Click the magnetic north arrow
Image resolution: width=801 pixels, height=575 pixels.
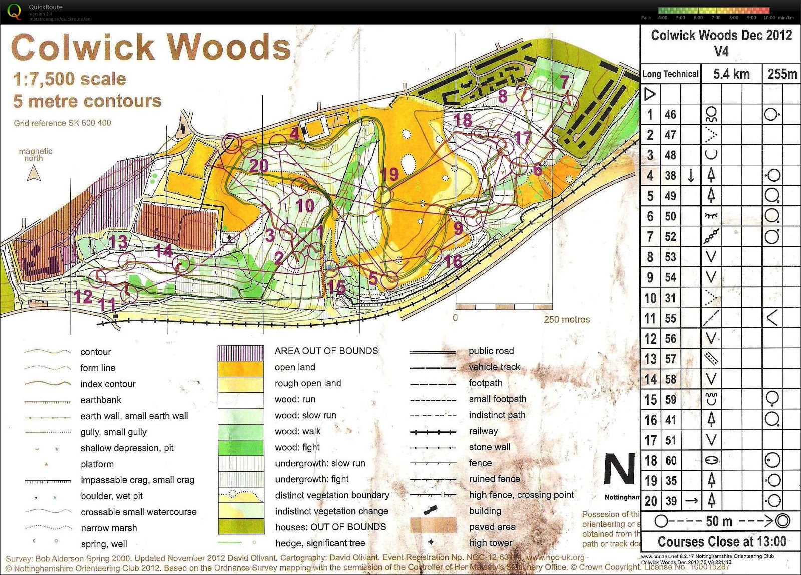(x=34, y=173)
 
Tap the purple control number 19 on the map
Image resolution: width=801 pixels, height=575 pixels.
(x=389, y=174)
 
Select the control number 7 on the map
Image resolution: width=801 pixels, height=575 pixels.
(x=564, y=81)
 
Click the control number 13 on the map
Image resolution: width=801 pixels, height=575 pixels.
(x=118, y=242)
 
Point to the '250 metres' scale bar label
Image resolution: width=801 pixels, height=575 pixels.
(x=567, y=319)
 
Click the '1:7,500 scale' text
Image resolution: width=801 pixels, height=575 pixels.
(x=70, y=79)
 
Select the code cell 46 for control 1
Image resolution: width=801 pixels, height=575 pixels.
(x=670, y=115)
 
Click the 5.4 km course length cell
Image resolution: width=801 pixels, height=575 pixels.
(x=731, y=75)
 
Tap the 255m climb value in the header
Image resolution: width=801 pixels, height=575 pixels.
(x=782, y=74)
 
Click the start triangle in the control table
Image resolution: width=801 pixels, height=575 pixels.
(x=650, y=94)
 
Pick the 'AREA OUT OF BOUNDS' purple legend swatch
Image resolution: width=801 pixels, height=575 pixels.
(x=241, y=352)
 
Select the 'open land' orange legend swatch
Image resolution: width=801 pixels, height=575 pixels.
(x=241, y=368)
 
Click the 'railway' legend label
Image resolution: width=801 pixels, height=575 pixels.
(x=483, y=431)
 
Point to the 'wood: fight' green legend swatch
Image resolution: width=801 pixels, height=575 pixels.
(x=241, y=447)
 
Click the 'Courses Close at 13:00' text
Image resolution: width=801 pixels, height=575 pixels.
(x=721, y=542)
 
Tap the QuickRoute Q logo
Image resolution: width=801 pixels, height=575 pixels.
(x=14, y=11)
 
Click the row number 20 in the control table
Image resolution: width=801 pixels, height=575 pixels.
(x=650, y=501)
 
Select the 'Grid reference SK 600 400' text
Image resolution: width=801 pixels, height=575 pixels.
(x=62, y=123)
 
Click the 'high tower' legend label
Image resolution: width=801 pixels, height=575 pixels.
(x=490, y=542)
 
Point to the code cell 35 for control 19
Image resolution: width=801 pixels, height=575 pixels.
(x=671, y=481)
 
